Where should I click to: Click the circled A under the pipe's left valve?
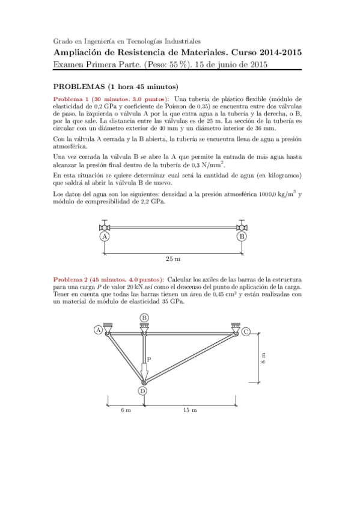pyautogui.click(x=105, y=237)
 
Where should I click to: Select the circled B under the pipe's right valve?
pyautogui.click(x=242, y=237)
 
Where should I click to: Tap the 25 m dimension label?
pyautogui.click(x=173, y=259)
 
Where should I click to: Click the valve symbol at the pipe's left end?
pyautogui.click(x=105, y=227)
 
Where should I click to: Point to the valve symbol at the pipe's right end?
pyautogui.click(x=242, y=227)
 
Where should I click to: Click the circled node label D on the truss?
pyautogui.click(x=143, y=392)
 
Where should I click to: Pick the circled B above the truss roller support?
pyautogui.click(x=144, y=318)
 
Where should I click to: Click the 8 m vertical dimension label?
pyautogui.click(x=263, y=358)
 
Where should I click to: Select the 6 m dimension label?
pyautogui.click(x=125, y=410)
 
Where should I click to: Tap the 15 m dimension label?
pyautogui.click(x=190, y=410)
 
